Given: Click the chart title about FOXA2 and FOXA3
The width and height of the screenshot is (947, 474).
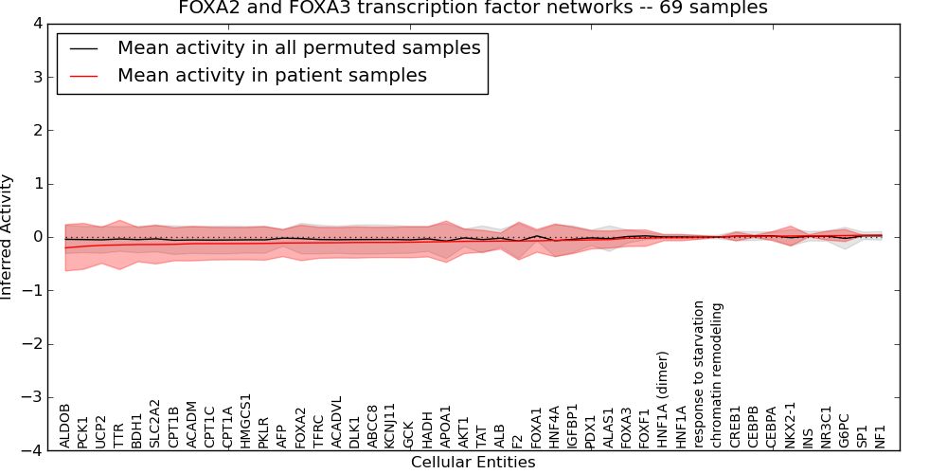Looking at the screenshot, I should pyautogui.click(x=473, y=9).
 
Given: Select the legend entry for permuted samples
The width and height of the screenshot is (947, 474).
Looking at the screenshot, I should pyautogui.click(x=298, y=47).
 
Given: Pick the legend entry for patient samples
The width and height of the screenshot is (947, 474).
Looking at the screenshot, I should pyautogui.click(x=272, y=75).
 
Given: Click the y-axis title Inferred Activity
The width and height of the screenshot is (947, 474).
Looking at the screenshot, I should pyautogui.click(x=8, y=237).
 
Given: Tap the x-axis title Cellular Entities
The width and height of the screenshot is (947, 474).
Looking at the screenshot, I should pyautogui.click(x=473, y=463).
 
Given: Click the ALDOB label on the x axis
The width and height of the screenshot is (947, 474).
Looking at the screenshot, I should pyautogui.click(x=65, y=424).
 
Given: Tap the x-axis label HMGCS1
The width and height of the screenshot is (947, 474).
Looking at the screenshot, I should pyautogui.click(x=246, y=420).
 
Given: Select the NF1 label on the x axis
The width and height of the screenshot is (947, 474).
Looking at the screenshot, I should pyautogui.click(x=881, y=434).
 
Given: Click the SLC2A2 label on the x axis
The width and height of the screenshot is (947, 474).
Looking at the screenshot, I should pyautogui.click(x=156, y=422).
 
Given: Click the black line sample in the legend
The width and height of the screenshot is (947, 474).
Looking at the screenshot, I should pyautogui.click(x=83, y=47).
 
